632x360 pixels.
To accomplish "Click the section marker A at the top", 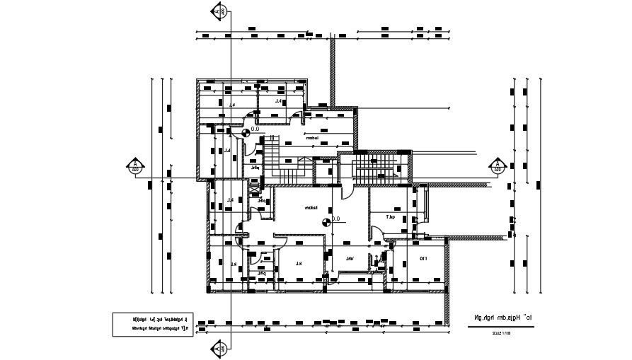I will point(220,11).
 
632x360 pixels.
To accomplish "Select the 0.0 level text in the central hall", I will point(335,219).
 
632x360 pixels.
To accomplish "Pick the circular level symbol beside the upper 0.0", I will point(246,132).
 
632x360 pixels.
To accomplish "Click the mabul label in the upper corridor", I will point(311,139).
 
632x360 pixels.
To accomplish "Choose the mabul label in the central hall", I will point(310,208).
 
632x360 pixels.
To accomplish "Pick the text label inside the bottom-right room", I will point(423,259).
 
